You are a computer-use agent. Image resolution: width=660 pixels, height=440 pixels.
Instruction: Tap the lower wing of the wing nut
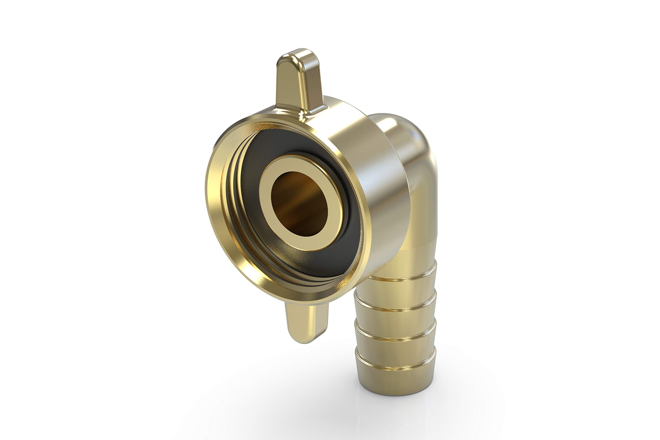tap(306, 323)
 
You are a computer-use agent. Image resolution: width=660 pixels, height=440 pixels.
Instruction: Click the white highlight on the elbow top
tap(391, 123)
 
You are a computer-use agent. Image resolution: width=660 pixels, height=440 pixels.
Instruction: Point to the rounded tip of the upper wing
tap(298, 55)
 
